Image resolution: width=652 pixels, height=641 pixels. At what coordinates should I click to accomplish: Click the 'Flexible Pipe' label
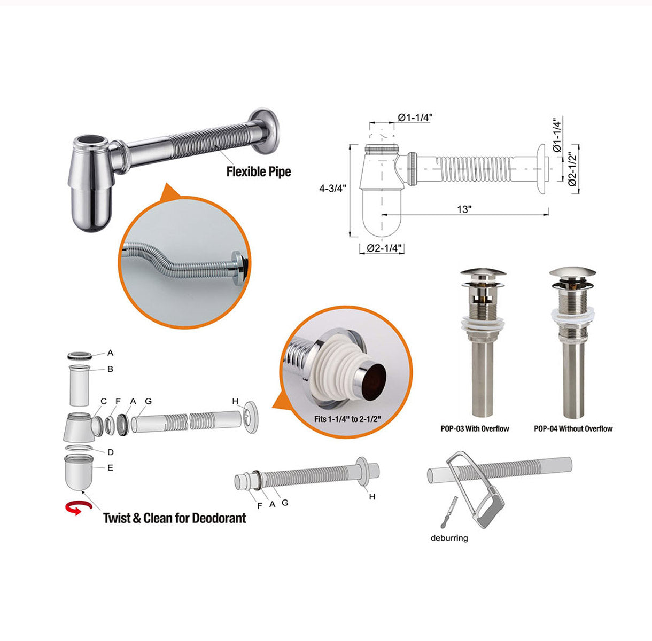259,171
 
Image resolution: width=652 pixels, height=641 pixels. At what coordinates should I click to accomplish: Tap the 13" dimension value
464,209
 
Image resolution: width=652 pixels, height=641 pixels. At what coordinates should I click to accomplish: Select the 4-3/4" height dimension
332,188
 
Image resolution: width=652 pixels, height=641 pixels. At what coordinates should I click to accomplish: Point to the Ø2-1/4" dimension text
384,248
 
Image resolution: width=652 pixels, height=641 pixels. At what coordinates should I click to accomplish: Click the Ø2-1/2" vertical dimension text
572,169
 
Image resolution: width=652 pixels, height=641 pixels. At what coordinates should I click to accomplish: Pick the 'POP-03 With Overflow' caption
475,428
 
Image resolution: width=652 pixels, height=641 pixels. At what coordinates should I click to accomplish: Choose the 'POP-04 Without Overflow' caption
573,428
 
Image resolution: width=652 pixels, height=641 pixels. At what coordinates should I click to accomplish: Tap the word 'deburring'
449,538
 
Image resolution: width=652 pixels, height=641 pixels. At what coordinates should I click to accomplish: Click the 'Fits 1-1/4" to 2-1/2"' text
347,419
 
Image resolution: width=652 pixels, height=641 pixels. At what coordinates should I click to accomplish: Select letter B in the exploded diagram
110,369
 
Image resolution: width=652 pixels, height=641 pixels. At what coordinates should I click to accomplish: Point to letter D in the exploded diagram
110,452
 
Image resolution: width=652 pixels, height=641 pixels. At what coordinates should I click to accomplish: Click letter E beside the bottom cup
110,468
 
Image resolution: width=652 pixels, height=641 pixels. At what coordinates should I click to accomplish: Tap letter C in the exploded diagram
104,401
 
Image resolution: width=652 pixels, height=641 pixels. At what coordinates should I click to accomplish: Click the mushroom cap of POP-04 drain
572,272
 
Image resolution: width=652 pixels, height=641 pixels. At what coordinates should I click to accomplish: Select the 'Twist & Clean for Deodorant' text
175,518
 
